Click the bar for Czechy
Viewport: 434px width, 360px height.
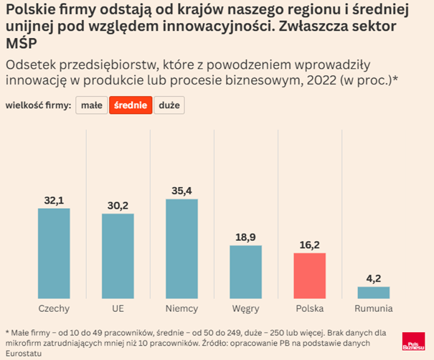tap(54, 253)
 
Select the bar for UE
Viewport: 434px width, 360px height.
tap(118, 256)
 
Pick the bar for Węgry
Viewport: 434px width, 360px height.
tap(245, 272)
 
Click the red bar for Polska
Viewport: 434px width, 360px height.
tap(309, 275)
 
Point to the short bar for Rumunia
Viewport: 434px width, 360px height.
tap(373, 293)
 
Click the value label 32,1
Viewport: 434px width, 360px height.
tap(54, 200)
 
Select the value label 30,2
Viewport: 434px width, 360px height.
tap(118, 205)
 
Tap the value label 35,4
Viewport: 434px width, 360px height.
tap(181, 191)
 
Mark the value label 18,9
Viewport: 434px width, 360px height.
tap(245, 237)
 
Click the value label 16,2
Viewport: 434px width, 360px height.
tap(309, 245)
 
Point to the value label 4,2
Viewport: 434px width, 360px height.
tap(373, 278)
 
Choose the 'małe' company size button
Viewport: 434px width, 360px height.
tap(91, 105)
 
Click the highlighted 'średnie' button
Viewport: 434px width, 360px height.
tap(131, 105)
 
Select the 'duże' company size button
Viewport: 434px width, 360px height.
tap(169, 105)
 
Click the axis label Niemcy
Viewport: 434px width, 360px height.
tap(181, 308)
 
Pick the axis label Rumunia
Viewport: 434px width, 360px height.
tap(373, 308)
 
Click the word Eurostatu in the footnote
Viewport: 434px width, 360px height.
tap(24, 354)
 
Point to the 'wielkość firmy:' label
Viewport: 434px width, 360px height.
tap(38, 105)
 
